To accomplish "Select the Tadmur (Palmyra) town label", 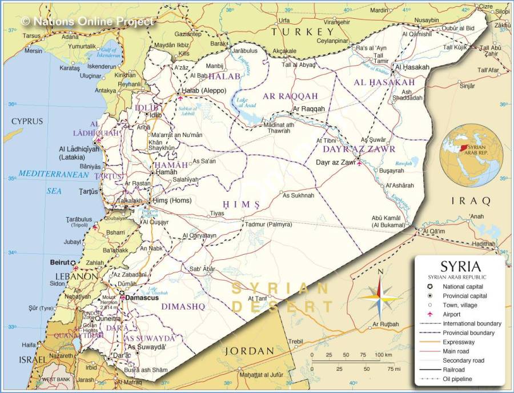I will pos(266,224).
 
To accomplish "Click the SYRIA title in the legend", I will pos(460,267).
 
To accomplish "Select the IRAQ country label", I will pos(471,201).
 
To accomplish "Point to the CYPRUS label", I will pos(27,122).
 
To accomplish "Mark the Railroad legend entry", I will pos(455,370).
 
